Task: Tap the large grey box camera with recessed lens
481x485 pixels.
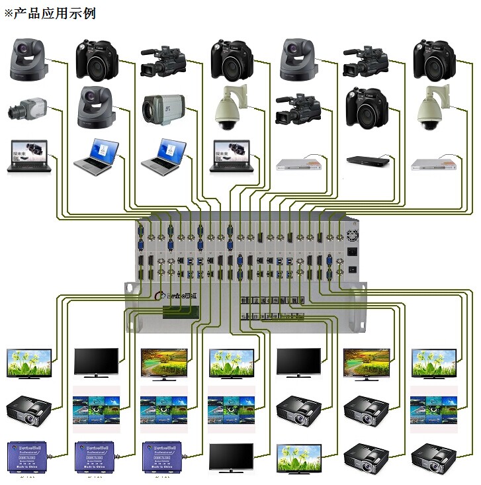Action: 163,109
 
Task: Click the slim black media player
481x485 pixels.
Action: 366,161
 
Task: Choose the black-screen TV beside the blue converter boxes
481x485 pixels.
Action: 231,457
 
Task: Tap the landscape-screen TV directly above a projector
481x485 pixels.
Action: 366,363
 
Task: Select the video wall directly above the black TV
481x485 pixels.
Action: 231,410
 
